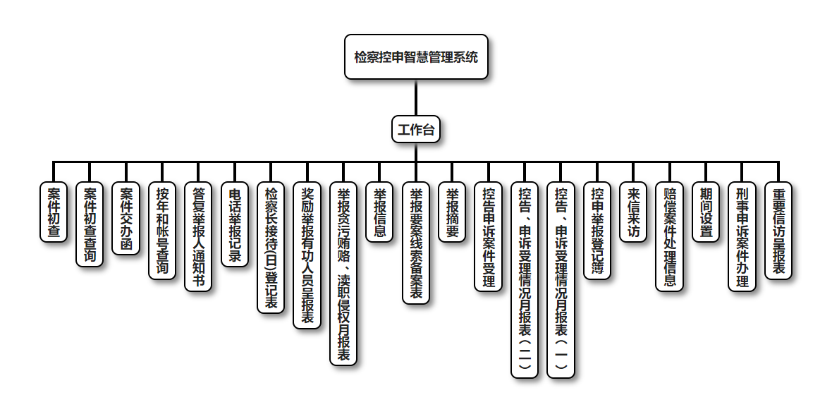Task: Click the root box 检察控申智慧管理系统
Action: [416, 57]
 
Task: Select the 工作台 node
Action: [416, 129]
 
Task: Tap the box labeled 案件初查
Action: [54, 212]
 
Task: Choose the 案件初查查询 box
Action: [90, 224]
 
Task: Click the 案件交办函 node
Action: [126, 219]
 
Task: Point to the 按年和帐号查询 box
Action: [162, 231]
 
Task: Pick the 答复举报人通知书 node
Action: [198, 237]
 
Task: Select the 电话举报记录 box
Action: [235, 224]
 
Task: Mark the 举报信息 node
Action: [379, 212]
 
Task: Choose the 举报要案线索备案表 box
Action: [416, 243]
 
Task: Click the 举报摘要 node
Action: [452, 212]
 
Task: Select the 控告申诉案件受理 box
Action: [488, 237]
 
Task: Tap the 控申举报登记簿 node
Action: [597, 231]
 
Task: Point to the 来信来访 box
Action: [633, 212]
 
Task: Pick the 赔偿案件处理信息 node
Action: [669, 237]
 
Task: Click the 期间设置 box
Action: [706, 212]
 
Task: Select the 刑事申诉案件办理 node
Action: [742, 237]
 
